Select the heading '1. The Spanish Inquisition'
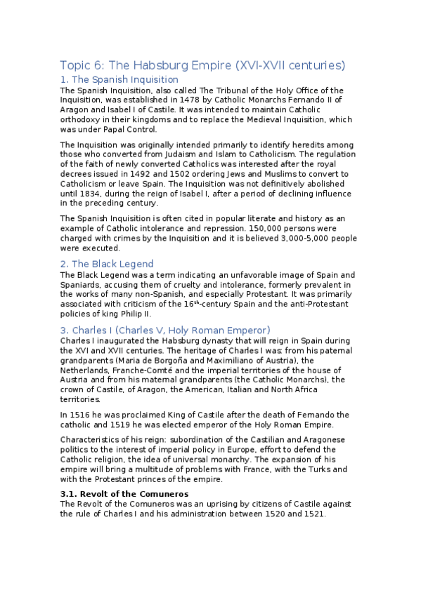pyautogui.click(x=119, y=80)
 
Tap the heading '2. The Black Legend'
pyautogui.click(x=107, y=264)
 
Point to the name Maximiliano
pyautogui.click(x=202, y=360)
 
